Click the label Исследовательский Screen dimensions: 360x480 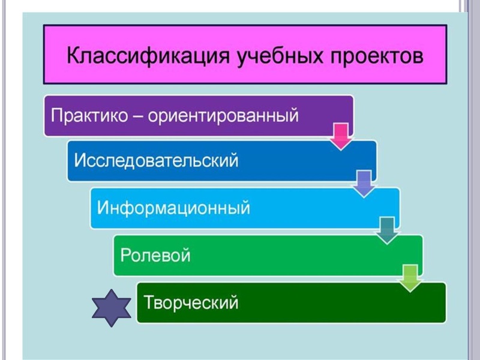(x=156, y=161)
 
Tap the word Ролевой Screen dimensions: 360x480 (x=155, y=254)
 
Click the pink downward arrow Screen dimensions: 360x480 (x=341, y=136)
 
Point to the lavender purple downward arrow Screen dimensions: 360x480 (x=364, y=184)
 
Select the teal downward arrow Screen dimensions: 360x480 (x=388, y=230)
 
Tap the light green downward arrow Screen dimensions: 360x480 (x=410, y=277)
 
